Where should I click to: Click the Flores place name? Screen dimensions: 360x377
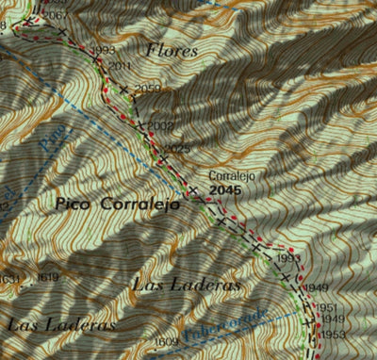coord(172,50)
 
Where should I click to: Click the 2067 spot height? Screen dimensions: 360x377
coord(56,16)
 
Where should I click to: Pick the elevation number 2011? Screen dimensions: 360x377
coord(120,65)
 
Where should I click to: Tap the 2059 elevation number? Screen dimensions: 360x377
coord(148,89)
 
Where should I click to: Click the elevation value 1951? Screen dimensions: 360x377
coord(326,308)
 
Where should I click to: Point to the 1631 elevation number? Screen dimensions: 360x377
coord(8,278)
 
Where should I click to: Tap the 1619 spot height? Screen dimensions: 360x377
coord(49,277)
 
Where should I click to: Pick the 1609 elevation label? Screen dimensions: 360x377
coord(167,341)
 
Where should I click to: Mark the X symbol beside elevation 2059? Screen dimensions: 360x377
coord(123,89)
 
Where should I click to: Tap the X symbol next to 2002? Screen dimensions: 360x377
coord(139,124)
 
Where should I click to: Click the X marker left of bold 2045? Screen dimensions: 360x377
coord(193,190)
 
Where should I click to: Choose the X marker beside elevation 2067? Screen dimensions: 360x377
coord(62,32)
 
